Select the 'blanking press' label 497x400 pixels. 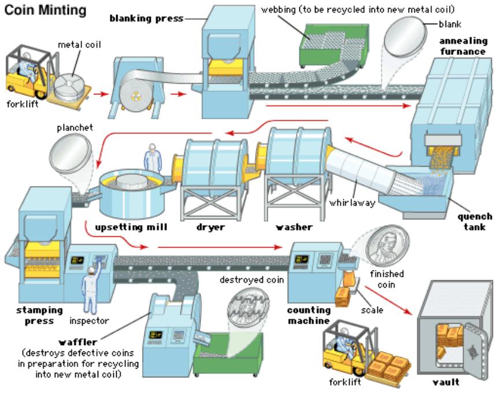tap(146, 18)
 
